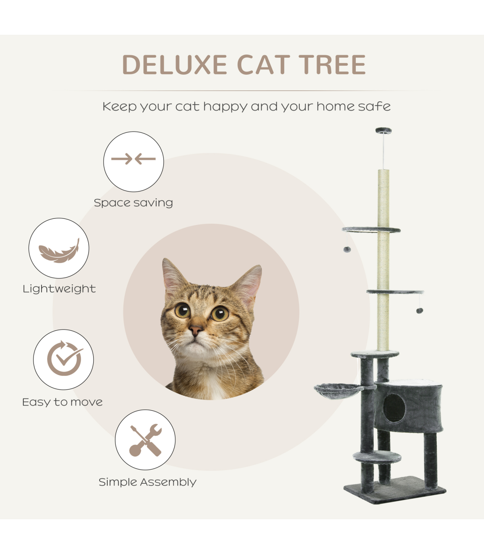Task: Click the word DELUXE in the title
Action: (x=174, y=65)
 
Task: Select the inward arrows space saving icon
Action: (x=134, y=159)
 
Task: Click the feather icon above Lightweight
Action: (x=59, y=251)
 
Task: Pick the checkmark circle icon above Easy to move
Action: (x=65, y=358)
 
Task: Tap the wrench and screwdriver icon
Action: (x=146, y=440)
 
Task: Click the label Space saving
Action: (x=134, y=203)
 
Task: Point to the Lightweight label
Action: (x=59, y=289)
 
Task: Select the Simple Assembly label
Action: (x=147, y=482)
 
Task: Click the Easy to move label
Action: (x=63, y=402)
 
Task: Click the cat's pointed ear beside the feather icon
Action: (x=173, y=276)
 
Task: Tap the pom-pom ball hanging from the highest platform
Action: (x=347, y=250)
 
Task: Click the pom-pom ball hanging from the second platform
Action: (x=419, y=310)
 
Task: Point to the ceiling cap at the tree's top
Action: (x=384, y=130)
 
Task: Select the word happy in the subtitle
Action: (x=225, y=107)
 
